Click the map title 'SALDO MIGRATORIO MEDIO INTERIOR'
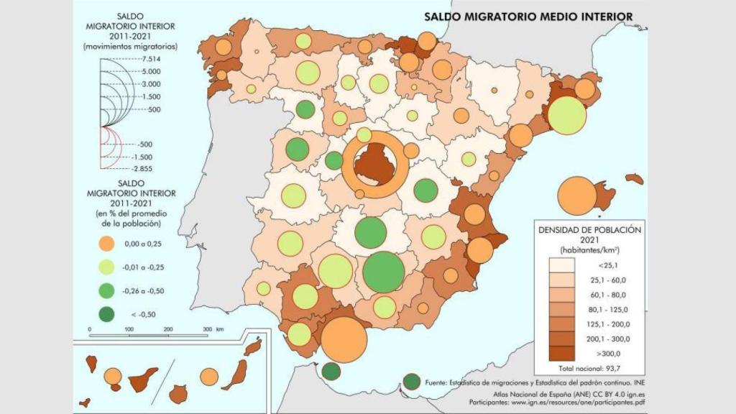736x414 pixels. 528,16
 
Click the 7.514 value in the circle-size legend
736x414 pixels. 152,59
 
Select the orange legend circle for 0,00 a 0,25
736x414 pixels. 107,244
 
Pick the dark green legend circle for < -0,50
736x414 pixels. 107,313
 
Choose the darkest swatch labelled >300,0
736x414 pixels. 562,353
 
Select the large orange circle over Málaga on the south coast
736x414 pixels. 344,339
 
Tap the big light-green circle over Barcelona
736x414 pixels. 567,115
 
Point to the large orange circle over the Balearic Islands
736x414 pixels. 576,195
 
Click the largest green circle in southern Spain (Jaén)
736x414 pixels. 384,271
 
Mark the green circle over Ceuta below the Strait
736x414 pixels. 331,372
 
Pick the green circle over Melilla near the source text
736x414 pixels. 412,382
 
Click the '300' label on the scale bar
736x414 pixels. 208,328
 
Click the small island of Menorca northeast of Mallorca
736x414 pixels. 634,178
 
